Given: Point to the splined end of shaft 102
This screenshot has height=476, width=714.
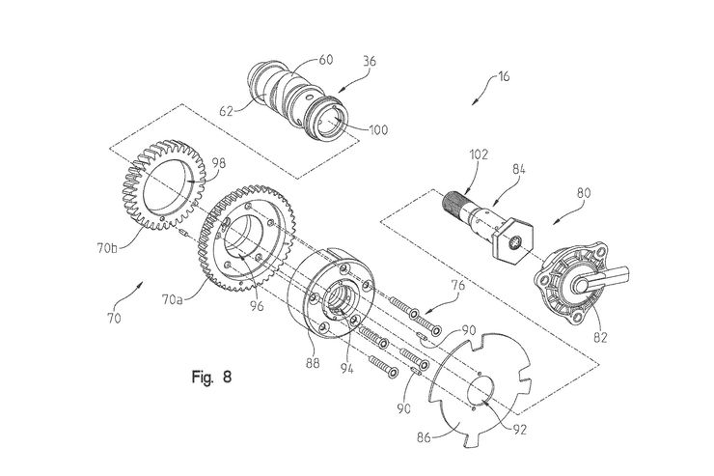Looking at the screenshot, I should [x=456, y=204].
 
